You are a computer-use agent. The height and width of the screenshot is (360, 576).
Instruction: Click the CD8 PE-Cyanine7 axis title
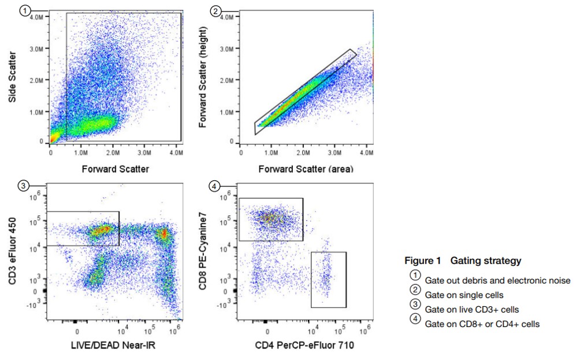[203, 252]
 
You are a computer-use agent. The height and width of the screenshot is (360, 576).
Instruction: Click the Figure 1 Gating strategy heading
[463, 261]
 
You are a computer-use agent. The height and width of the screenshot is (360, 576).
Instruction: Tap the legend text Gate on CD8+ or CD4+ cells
[482, 324]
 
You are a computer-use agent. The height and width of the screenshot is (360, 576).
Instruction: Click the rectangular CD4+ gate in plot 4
[328, 280]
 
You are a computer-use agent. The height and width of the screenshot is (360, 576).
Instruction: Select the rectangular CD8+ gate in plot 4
[270, 220]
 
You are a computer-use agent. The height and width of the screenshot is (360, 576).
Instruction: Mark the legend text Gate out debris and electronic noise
[497, 281]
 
